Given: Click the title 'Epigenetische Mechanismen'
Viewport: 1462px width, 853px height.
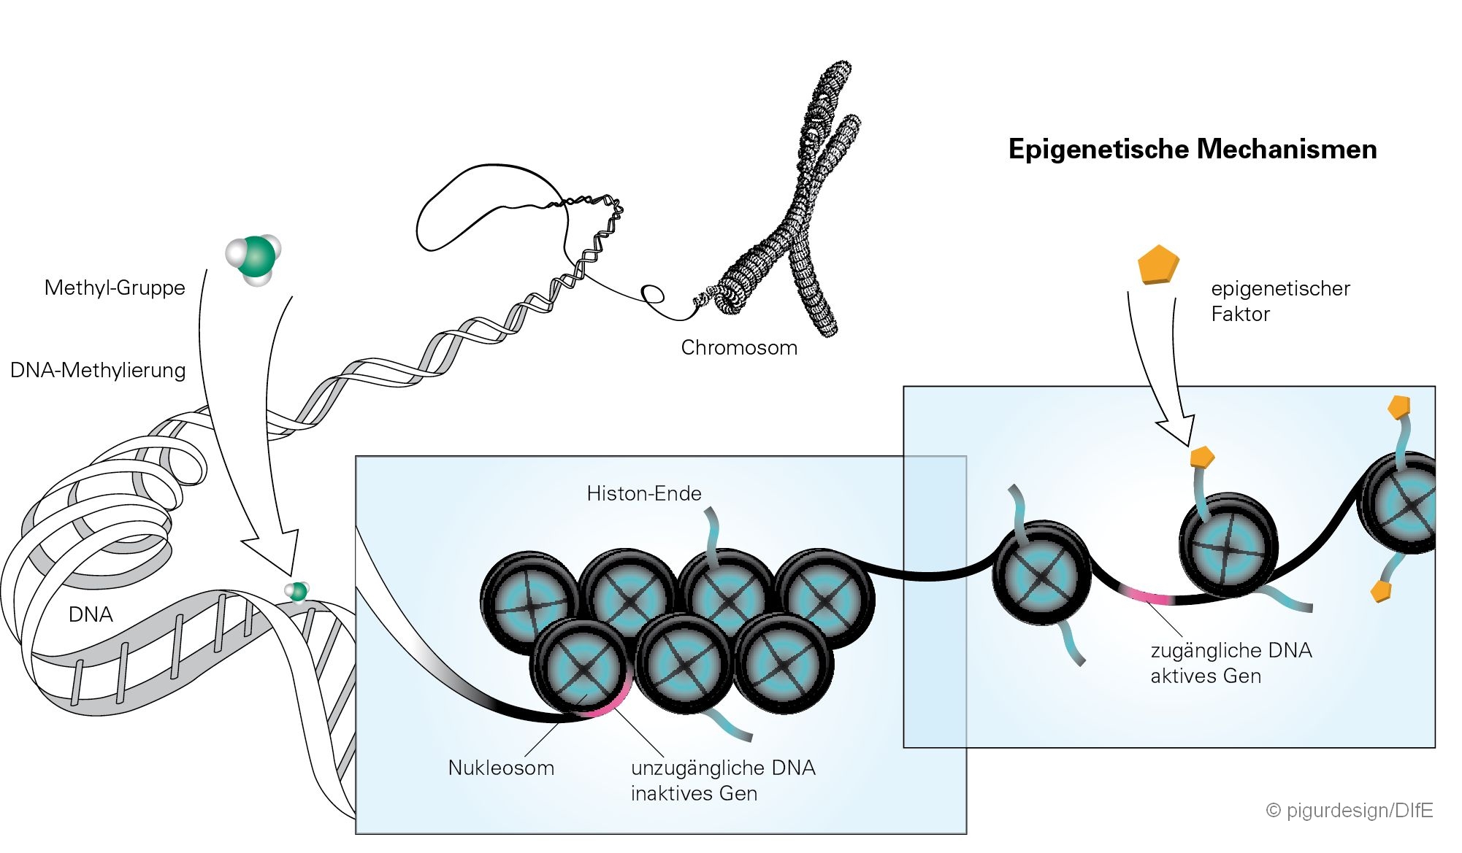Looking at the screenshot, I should [1192, 150].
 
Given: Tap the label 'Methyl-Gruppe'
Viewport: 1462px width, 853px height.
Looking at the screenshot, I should [115, 287].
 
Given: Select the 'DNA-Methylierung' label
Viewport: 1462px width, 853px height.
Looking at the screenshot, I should [98, 370].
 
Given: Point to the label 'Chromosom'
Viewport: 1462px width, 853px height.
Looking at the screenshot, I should [739, 347].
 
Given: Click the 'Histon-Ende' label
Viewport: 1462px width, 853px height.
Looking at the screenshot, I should [643, 493].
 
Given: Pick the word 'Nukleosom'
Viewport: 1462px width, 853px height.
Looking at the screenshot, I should [501, 768].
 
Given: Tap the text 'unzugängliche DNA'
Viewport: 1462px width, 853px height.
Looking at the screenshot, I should [723, 768].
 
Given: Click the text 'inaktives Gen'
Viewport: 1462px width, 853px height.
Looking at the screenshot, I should [694, 793].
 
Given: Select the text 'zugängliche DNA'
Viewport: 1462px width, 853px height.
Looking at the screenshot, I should [1231, 650].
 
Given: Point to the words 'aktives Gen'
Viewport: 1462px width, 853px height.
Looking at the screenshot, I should [1206, 676].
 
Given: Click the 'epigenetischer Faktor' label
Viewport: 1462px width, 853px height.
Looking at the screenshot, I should [1280, 301].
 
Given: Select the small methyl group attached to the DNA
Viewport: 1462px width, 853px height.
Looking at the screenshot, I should [297, 591].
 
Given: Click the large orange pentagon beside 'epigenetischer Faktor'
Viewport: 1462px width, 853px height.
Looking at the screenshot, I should [1158, 264].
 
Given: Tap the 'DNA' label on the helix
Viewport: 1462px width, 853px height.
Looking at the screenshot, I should [91, 614].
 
